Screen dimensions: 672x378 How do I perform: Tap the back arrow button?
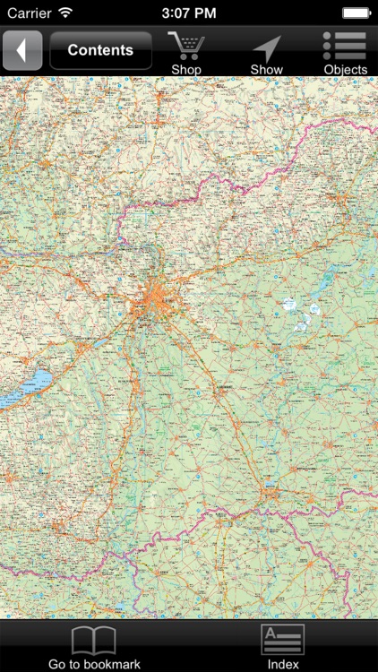pos(22,50)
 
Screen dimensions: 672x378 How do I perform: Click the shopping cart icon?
pos(186,46)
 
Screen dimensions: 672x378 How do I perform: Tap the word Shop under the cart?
pos(186,70)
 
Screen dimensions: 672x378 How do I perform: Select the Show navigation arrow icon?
pos(266,47)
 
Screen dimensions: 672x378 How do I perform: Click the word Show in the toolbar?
pos(266,70)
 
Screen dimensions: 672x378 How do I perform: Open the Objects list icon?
pos(345,46)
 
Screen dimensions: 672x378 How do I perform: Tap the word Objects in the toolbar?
pos(345,70)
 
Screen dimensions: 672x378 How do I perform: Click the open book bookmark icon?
pos(94,640)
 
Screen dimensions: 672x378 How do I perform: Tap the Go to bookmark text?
pos(94,664)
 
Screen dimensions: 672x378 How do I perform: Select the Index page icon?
pos(282,640)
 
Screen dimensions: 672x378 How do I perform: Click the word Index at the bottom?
pos(282,664)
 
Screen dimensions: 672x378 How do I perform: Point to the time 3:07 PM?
pos(188,13)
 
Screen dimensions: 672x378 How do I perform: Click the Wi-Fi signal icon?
pos(65,13)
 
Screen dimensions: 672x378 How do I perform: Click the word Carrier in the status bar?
pos(29,13)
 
